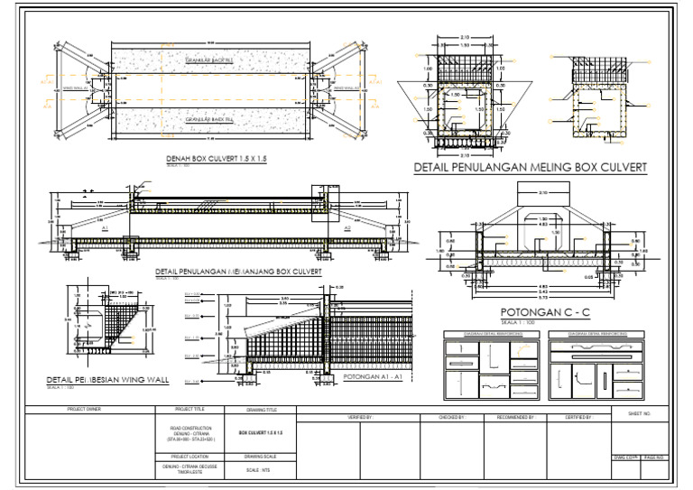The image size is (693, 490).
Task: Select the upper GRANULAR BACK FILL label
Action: pos(209,60)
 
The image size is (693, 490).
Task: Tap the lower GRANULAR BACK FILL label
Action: pos(209,119)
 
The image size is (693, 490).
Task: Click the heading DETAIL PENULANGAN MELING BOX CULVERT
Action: pos(531,167)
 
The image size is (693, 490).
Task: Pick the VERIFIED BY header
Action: pos(360,418)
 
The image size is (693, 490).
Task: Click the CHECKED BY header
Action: pos(450,418)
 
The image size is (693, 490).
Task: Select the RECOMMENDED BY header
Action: pos(515,418)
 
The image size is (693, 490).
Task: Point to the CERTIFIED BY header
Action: pos(578,418)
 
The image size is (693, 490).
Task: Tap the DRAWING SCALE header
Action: pos(261,457)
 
